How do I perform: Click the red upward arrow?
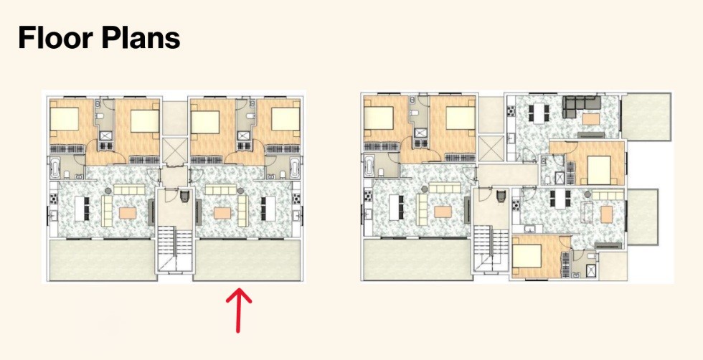coord(238,311)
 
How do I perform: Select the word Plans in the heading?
coord(141,38)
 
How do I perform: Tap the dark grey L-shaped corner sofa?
coord(581,103)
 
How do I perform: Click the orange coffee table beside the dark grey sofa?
coord(591,119)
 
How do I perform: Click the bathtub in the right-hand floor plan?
coord(369,166)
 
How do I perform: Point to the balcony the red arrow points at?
coord(247,260)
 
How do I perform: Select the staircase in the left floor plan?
coord(174,248)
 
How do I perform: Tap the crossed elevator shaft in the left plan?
coord(174,150)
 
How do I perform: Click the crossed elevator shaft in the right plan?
coord(491,148)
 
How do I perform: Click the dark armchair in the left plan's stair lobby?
coord(185,196)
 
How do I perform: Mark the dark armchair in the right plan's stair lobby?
coord(501,196)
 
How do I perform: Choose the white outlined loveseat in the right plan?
coord(588,212)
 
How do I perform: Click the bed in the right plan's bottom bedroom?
coord(528,255)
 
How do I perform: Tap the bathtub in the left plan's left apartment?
coord(55,168)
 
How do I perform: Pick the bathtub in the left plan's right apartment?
coord(296,168)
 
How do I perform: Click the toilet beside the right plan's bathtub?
coord(382,172)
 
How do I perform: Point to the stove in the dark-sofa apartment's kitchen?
coord(511,110)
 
